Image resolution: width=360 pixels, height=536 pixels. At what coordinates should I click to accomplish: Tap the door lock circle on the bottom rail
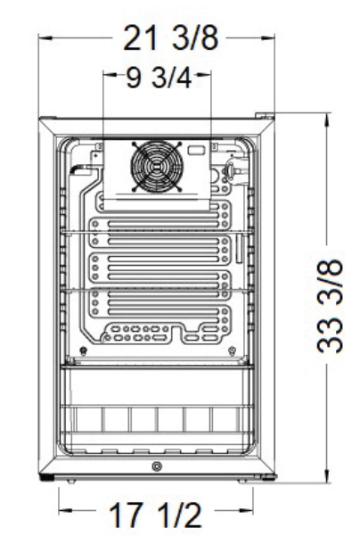(157, 467)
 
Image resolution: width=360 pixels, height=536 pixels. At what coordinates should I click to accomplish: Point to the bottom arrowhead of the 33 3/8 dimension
(330, 478)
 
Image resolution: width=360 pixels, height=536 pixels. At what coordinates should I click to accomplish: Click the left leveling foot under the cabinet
(68, 480)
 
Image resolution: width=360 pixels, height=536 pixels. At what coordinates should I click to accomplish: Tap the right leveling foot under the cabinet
(245, 480)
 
